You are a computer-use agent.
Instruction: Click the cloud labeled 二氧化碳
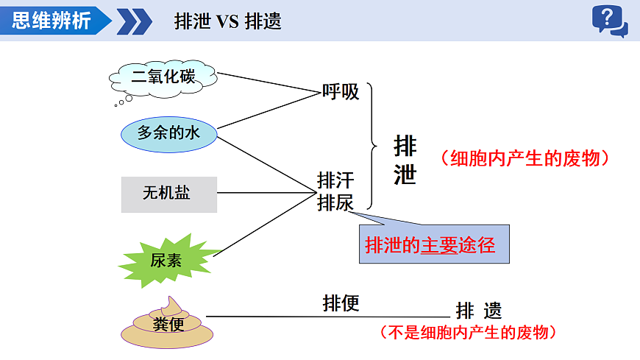(x=163, y=76)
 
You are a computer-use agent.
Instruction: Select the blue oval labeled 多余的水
(x=169, y=133)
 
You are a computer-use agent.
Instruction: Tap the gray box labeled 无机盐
(x=169, y=194)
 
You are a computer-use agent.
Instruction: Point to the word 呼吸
(x=341, y=92)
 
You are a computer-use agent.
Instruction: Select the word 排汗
(x=335, y=180)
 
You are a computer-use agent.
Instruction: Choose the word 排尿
(x=335, y=203)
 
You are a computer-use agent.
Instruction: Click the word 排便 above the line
(x=341, y=303)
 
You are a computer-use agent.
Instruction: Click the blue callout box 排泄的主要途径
(x=434, y=244)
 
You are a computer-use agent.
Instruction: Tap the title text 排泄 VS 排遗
(x=227, y=21)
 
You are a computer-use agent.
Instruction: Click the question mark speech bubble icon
(x=609, y=21)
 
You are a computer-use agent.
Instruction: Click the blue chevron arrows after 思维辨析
(x=134, y=21)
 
